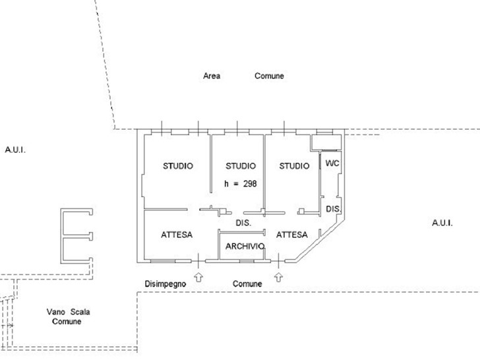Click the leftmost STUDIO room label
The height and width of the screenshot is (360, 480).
pyautogui.click(x=178, y=166)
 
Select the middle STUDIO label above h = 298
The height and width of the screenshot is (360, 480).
pyautogui.click(x=241, y=166)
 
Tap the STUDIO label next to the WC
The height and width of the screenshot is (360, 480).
pyautogui.click(x=294, y=166)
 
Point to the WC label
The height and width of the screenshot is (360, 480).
pyautogui.click(x=332, y=163)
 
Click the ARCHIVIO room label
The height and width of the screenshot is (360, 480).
pyautogui.click(x=245, y=247)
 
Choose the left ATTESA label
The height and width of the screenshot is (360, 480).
pyautogui.click(x=177, y=235)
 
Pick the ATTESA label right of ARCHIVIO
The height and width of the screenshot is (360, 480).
pyautogui.click(x=291, y=235)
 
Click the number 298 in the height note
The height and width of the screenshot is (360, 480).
pyautogui.click(x=250, y=184)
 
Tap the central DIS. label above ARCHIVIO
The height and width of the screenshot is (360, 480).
pyautogui.click(x=243, y=223)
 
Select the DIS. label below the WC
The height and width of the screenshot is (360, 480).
pyautogui.click(x=333, y=209)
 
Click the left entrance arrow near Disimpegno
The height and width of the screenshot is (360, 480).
pyautogui.click(x=198, y=278)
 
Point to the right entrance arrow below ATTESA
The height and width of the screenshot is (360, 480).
pyautogui.click(x=278, y=278)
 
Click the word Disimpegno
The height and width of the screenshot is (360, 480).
pyautogui.click(x=165, y=284)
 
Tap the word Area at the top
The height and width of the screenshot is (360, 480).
pyautogui.click(x=212, y=76)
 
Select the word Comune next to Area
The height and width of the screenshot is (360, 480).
pyautogui.click(x=269, y=76)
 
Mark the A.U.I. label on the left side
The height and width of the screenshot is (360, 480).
pyautogui.click(x=15, y=150)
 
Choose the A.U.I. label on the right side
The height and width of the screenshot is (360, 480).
pyautogui.click(x=442, y=223)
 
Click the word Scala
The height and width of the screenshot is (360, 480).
pyautogui.click(x=80, y=312)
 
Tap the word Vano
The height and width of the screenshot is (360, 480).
pyautogui.click(x=56, y=312)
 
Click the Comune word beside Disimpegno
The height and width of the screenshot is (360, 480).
pyautogui.click(x=247, y=284)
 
